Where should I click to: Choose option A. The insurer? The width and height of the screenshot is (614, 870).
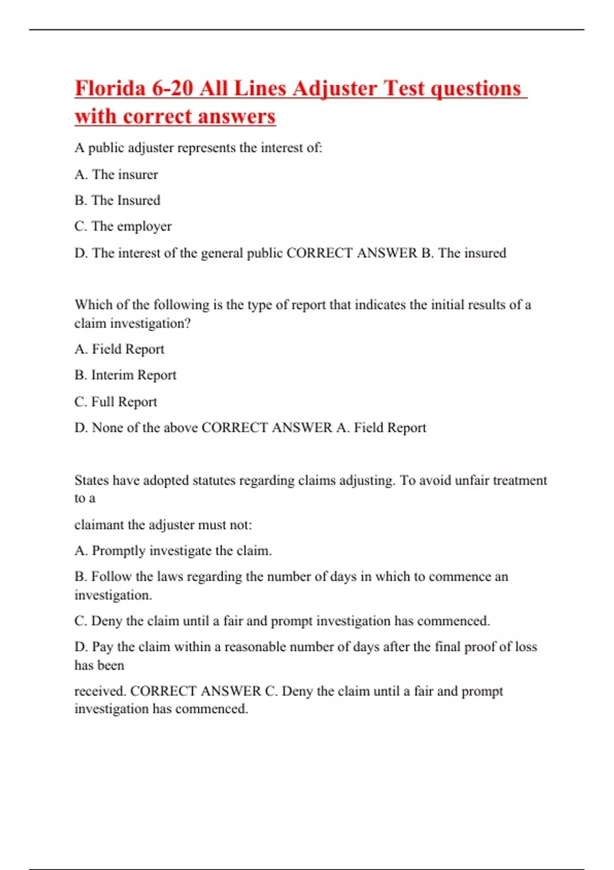[116, 175]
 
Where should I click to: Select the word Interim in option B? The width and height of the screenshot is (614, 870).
[112, 375]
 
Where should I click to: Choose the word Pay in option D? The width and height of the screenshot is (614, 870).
[102, 647]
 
